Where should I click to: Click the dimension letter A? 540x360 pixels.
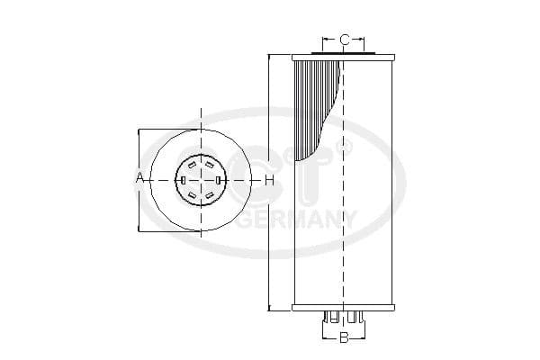point(139,179)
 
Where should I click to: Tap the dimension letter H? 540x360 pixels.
point(268,180)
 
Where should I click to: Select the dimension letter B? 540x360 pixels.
point(343,338)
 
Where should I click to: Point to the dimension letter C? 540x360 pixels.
point(345,40)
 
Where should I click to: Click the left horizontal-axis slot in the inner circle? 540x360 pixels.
point(183,180)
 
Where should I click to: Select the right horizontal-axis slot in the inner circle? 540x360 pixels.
point(219,180)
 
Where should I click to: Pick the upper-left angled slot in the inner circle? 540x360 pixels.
point(193,166)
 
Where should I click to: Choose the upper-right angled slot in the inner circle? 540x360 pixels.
point(209,166)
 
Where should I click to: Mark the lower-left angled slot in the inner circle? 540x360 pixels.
point(193,194)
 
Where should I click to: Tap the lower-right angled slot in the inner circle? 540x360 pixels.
point(209,194)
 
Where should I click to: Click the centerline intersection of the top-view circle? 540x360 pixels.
point(201,180)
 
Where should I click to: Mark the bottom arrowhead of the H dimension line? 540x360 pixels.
point(269,308)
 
